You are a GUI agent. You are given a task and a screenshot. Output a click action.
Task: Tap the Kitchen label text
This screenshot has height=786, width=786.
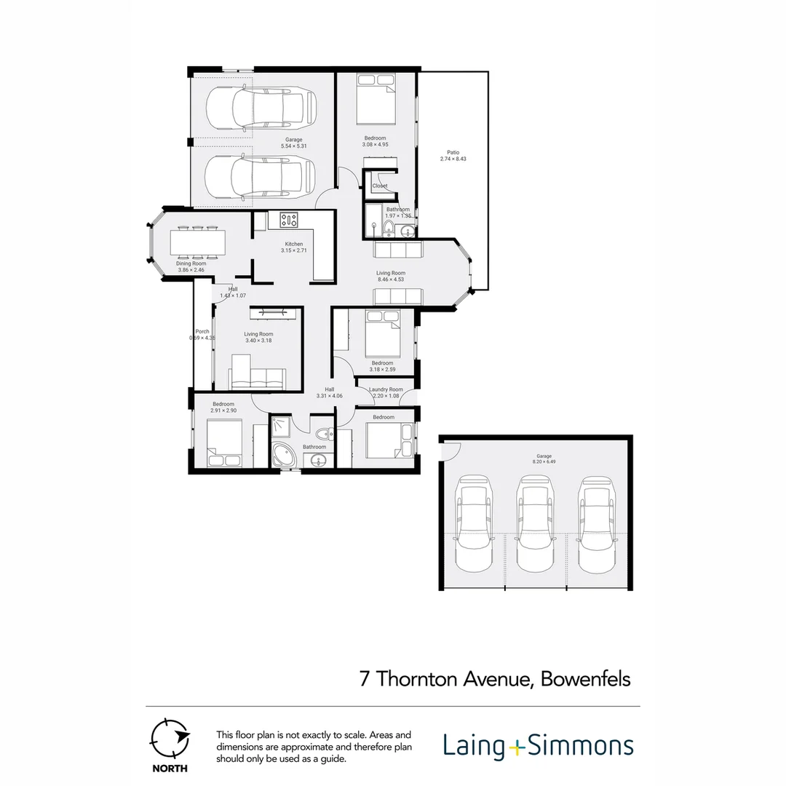(x=293, y=244)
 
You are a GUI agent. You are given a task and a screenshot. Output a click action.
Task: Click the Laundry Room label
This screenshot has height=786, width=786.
(x=386, y=389)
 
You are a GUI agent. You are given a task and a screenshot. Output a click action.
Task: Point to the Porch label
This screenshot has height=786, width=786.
(x=202, y=332)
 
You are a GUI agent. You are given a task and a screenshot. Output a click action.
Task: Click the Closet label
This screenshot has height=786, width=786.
(x=380, y=186)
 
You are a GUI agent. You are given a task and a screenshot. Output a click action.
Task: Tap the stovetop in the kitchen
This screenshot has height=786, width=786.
(x=289, y=219)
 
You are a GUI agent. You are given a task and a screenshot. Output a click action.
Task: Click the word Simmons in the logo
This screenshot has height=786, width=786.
(x=580, y=747)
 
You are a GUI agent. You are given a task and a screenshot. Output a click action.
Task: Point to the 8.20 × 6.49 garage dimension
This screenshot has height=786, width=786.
(x=539, y=461)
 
